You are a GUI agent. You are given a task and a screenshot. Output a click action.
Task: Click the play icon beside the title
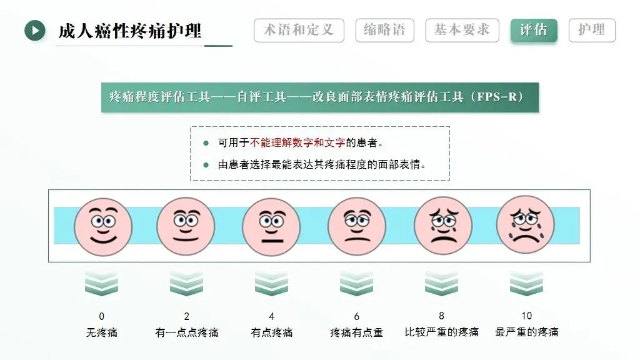point(35,30)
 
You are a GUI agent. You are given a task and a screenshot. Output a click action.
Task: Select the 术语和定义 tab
point(299,31)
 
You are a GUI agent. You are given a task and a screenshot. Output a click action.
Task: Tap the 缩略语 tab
point(384,31)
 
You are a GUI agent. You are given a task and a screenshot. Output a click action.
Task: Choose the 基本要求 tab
point(462,31)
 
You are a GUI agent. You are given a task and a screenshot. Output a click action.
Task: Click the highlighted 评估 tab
point(533,31)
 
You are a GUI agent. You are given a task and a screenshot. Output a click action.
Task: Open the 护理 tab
point(592,31)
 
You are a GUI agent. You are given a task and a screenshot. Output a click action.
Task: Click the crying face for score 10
point(526,225)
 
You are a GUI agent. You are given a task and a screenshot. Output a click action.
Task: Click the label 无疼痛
point(102,332)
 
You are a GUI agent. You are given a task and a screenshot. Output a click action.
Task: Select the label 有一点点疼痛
point(187,332)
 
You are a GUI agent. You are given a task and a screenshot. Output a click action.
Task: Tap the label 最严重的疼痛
point(527,332)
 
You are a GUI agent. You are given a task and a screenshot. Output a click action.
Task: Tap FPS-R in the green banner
point(499,97)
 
